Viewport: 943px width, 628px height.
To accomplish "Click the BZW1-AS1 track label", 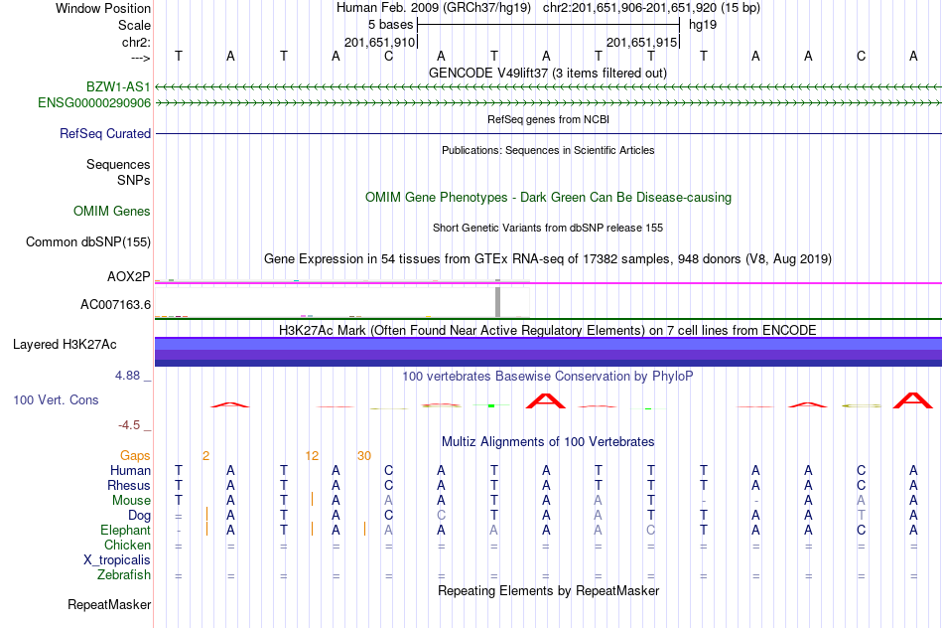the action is pos(118,87).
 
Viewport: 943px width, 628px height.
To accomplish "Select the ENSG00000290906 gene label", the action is pos(94,103).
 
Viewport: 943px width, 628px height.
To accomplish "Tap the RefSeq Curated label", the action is pos(105,134).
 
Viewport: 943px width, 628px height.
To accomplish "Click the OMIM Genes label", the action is pos(112,212).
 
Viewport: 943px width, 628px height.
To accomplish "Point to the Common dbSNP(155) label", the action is pos(88,242).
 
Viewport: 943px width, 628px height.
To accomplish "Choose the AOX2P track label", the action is pos(129,277).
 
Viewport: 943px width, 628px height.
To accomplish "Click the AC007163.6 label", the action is pos(115,305).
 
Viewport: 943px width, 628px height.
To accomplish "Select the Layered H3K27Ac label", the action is pos(65,345).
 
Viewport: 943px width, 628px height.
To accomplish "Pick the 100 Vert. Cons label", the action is pos(56,400).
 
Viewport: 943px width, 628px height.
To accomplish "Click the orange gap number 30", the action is pos(364,456).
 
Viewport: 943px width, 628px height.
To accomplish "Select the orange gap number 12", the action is pos(312,456).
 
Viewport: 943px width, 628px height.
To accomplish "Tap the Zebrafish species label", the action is pos(124,575).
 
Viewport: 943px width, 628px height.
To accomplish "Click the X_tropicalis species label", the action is pos(117,560).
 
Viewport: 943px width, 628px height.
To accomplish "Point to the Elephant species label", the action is pos(126,531).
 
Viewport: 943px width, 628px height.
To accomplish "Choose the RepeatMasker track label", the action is pos(109,604).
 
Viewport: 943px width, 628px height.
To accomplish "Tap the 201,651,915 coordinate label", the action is pos(641,42).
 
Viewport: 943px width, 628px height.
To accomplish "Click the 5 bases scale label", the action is pos(391,25).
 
